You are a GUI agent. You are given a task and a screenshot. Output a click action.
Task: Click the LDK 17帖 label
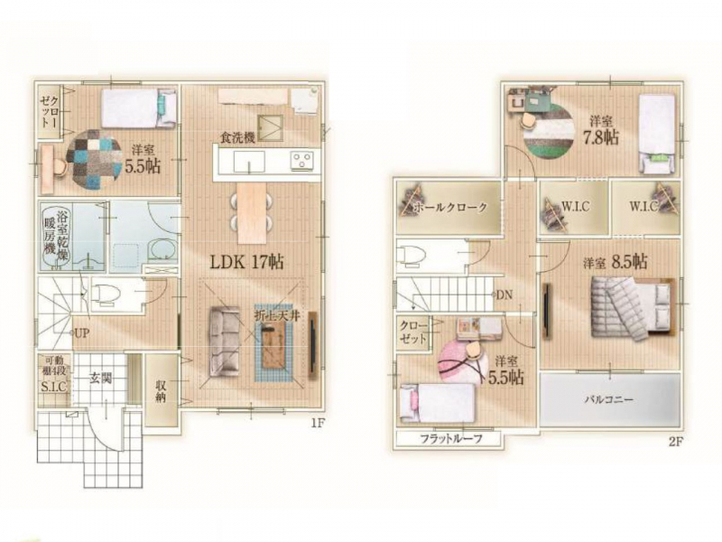click(246, 262)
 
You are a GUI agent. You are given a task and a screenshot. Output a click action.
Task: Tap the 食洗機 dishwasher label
click(237, 137)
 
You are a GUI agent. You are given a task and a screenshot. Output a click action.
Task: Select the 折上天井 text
click(277, 316)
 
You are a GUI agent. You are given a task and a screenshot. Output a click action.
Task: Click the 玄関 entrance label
click(100, 378)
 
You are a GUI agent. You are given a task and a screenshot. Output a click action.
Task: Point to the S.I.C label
click(53, 387)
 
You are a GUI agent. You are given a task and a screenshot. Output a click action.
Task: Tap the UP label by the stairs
click(83, 332)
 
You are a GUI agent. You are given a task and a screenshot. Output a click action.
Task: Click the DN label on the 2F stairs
click(504, 294)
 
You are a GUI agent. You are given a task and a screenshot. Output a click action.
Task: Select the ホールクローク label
click(449, 207)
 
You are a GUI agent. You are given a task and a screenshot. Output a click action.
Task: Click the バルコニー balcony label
click(608, 399)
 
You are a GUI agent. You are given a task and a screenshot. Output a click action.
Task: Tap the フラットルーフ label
click(451, 439)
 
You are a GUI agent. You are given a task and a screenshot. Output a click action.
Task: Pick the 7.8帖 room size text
click(601, 137)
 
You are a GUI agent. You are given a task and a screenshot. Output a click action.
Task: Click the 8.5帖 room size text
click(629, 262)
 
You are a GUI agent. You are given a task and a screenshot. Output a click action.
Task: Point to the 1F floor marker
click(318, 423)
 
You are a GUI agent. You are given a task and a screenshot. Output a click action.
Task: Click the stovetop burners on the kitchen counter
click(301, 161)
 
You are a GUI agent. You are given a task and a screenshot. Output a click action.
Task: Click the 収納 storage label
click(161, 391)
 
